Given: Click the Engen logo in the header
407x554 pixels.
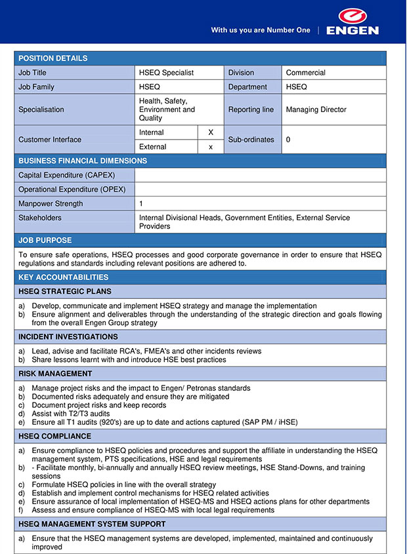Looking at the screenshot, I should (x=352, y=22).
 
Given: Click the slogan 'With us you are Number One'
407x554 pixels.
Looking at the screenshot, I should (x=260, y=30).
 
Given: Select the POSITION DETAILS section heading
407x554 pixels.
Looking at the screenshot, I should (x=53, y=58).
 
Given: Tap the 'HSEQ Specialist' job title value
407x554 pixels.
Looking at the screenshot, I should (x=166, y=73).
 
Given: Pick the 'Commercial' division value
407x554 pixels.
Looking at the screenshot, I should (x=305, y=73).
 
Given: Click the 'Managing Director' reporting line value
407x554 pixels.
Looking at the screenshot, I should (x=316, y=109).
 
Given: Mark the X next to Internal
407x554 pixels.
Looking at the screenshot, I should (x=211, y=132).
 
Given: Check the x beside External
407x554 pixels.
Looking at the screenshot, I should (x=211, y=147).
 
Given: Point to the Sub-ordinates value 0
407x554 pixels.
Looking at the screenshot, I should (x=288, y=140).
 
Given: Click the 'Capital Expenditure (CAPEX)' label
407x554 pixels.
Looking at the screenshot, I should (x=60, y=175).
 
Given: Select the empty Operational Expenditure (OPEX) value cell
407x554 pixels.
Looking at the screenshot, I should (x=260, y=189).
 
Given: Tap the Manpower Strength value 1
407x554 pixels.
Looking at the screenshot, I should (x=141, y=204).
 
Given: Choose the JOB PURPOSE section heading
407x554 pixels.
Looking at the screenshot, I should (x=45, y=241).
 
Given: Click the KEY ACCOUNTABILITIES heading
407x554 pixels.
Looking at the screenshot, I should (x=63, y=277).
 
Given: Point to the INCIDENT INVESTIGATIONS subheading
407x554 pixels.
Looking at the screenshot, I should (x=68, y=337).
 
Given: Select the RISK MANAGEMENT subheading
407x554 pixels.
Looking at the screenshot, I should (x=55, y=374).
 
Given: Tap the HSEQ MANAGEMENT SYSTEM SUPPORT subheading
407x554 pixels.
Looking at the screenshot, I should (x=92, y=524).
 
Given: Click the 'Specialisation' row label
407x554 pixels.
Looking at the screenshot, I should (x=41, y=109).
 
